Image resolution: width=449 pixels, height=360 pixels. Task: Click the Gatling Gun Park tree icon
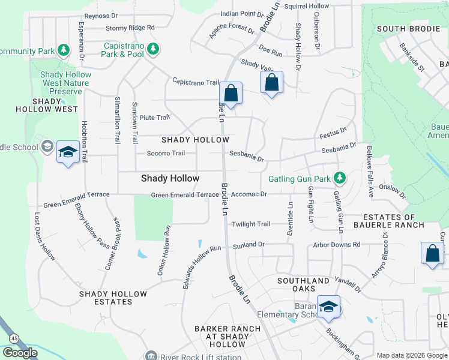[x=340, y=178]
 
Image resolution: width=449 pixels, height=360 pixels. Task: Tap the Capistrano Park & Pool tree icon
[x=153, y=49]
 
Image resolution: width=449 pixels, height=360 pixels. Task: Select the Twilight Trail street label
[x=251, y=224]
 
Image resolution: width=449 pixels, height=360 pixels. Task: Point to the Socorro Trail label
[x=166, y=153]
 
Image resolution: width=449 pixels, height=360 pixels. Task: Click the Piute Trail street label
[x=151, y=118]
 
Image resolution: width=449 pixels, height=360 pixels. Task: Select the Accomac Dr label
[x=248, y=194]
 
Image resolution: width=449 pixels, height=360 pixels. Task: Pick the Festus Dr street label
[x=333, y=131]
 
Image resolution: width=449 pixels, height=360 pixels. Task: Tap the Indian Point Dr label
[x=242, y=13]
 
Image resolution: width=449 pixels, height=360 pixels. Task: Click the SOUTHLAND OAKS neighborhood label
[x=303, y=284]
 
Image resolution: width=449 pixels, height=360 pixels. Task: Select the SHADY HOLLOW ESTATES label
[x=113, y=298]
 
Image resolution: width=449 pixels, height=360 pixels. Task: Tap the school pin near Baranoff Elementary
[x=328, y=308]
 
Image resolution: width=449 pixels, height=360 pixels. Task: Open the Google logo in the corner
[x=20, y=353]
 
